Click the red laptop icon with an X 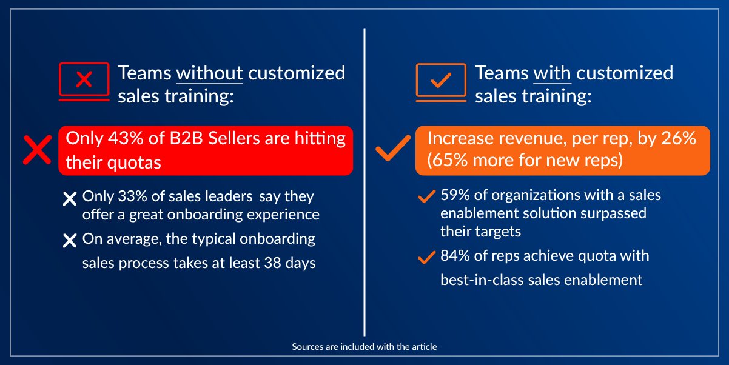[x=84, y=80]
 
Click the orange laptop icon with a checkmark [x=442, y=81]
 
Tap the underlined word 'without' [x=209, y=73]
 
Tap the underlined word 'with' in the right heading [x=552, y=73]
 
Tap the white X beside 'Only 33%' [x=70, y=198]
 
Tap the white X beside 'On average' [x=70, y=241]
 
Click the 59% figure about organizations [x=454, y=195]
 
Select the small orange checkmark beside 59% [x=428, y=196]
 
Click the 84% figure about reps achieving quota [x=454, y=256]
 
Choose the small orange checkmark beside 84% [x=428, y=258]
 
